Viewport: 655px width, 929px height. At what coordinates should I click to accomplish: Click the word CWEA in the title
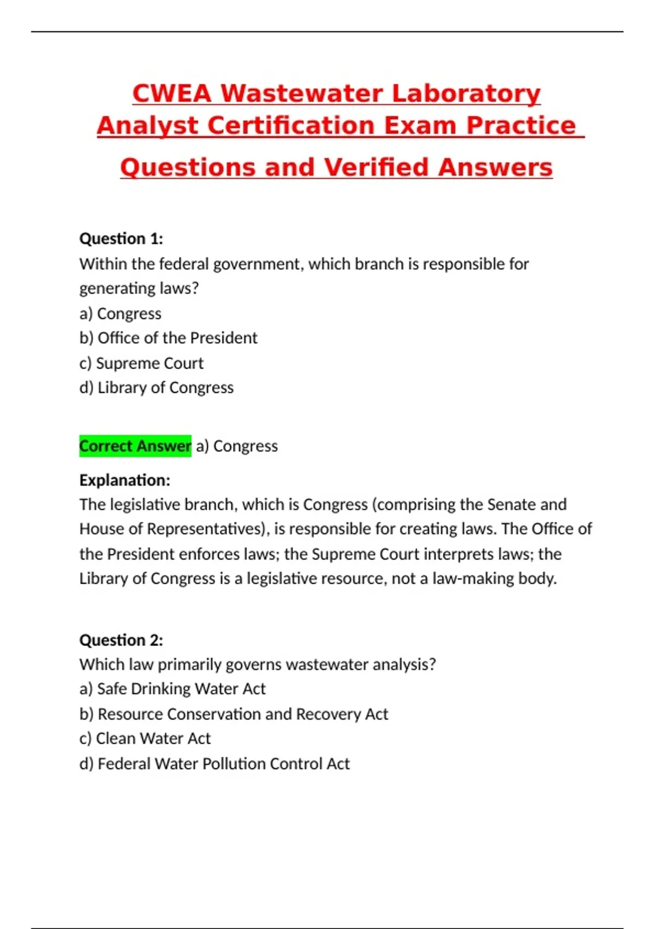tap(171, 93)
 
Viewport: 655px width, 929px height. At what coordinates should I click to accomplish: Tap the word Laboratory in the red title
tap(466, 93)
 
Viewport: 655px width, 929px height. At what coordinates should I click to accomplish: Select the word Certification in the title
tap(291, 126)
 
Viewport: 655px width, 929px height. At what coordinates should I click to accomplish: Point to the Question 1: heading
tap(121, 239)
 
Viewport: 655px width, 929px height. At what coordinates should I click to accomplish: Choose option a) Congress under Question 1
tap(121, 314)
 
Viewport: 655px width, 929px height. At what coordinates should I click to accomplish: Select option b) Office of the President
tap(168, 338)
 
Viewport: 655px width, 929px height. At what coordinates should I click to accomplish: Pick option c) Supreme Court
tap(141, 363)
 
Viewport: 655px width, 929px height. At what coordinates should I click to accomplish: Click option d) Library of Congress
tap(156, 387)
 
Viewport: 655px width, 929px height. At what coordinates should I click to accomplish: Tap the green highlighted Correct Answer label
tap(135, 446)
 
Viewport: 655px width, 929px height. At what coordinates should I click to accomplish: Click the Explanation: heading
tap(125, 480)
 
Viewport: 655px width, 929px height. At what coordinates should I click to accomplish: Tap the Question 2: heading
tap(121, 640)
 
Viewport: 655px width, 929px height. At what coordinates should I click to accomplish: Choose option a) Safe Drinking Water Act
tap(172, 689)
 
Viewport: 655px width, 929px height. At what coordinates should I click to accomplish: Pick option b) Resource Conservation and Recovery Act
tap(234, 714)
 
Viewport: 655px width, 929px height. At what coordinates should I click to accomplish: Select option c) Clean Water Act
tap(145, 738)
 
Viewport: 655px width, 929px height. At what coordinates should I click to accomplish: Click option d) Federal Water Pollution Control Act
tap(215, 763)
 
